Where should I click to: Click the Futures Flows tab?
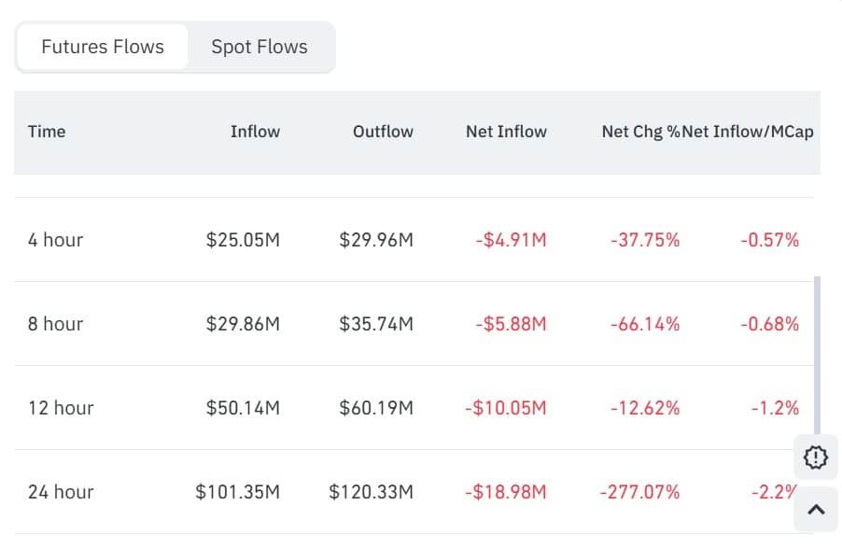[103, 47]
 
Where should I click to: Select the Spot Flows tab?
[260, 47]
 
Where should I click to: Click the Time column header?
[47, 132]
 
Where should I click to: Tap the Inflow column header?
[255, 132]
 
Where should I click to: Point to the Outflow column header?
[383, 132]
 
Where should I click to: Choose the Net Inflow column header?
[506, 132]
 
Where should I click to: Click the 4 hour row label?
[56, 240]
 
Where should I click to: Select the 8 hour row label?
[56, 324]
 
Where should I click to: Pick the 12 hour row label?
[61, 408]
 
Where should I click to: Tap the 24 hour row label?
[61, 492]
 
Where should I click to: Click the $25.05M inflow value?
[243, 240]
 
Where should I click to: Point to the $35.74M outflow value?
[376, 324]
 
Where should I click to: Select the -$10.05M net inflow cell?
[506, 408]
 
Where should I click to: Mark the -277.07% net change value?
[639, 492]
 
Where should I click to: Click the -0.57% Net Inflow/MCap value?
[770, 240]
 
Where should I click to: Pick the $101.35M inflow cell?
[237, 492]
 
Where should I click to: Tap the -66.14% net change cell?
[645, 324]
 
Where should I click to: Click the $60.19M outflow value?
[376, 408]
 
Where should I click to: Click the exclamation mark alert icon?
[815, 457]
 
